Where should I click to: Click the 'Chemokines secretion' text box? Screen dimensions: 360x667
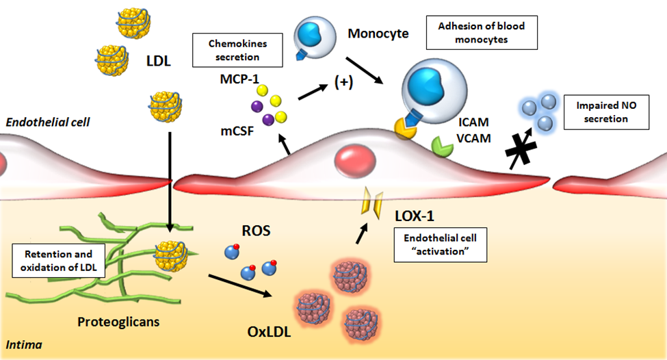(x=239, y=50)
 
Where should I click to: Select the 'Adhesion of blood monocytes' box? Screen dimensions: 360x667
(x=480, y=33)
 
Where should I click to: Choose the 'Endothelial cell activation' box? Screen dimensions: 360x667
(x=441, y=244)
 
